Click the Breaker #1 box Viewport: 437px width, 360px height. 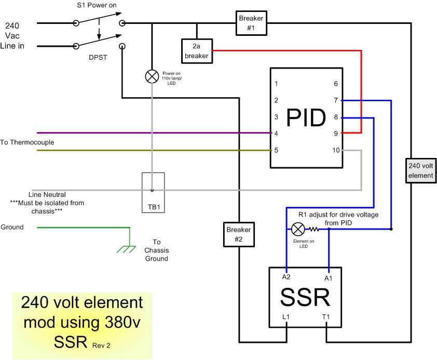(x=251, y=23)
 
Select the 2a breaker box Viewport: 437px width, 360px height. (x=196, y=51)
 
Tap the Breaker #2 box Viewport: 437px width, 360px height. (x=238, y=234)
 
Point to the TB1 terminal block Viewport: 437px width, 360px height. (x=153, y=193)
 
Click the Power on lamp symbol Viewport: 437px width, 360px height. (x=152, y=77)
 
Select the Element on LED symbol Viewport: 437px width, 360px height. (x=298, y=229)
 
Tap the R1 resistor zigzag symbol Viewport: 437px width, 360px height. (x=314, y=229)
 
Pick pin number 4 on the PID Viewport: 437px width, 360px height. (x=276, y=133)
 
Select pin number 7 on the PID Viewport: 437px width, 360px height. (x=336, y=100)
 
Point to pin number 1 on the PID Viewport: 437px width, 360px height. (x=276, y=84)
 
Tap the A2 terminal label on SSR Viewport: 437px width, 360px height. (x=285, y=277)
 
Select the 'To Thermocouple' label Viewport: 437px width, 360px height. (x=27, y=142)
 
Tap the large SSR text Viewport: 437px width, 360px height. (x=305, y=298)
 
